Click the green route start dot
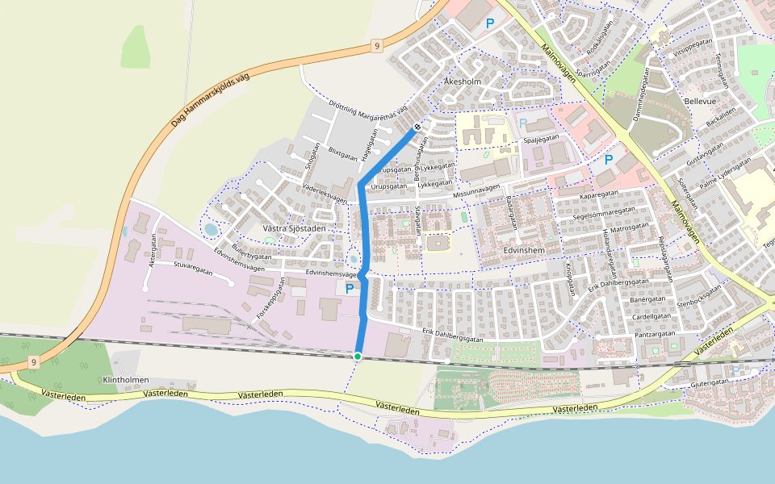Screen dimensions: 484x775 [x=358, y=356]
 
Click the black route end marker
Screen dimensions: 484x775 [x=418, y=127]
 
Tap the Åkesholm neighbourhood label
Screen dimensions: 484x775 [x=463, y=82]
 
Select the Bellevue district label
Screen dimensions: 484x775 [x=699, y=102]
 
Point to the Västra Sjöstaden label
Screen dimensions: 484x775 [x=295, y=229]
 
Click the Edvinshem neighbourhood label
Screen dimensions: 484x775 [x=525, y=251]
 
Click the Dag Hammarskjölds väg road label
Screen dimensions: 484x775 [x=212, y=98]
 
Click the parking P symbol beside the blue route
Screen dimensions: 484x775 [x=350, y=288]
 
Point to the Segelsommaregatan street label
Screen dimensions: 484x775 [x=603, y=213]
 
